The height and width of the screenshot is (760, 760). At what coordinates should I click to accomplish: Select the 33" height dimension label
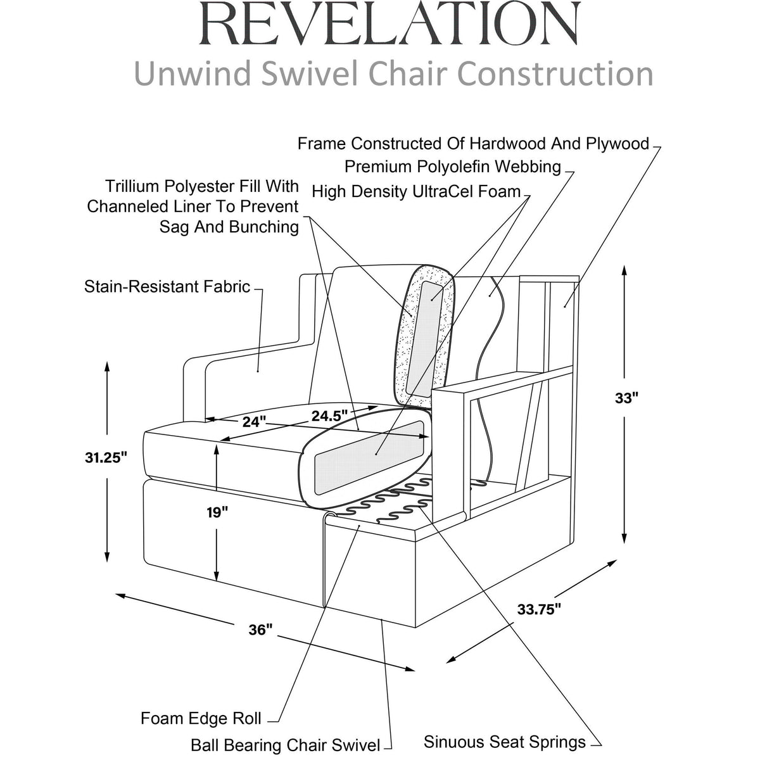pyautogui.click(x=626, y=398)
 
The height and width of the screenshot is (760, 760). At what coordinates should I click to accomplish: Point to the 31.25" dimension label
pyautogui.click(x=106, y=458)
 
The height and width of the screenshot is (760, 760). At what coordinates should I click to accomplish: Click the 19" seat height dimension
pyautogui.click(x=217, y=513)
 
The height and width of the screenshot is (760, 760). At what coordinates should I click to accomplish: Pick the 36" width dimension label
pyautogui.click(x=261, y=630)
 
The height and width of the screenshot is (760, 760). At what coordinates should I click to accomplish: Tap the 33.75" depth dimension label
pyautogui.click(x=539, y=609)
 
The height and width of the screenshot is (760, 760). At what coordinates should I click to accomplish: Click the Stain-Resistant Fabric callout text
pyautogui.click(x=167, y=287)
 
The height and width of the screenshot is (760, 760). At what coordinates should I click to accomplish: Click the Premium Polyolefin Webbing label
pyautogui.click(x=453, y=167)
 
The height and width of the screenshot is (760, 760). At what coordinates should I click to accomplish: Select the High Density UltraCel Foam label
pyautogui.click(x=417, y=192)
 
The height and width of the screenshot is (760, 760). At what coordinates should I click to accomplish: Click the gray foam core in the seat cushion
pyautogui.click(x=369, y=457)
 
